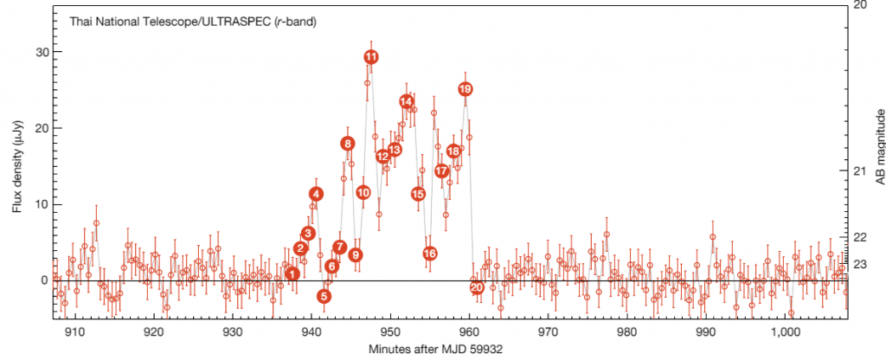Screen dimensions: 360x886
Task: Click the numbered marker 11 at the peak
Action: click(370, 57)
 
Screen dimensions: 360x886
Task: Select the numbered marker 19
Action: click(465, 89)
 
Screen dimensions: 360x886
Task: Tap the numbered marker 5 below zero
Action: click(324, 296)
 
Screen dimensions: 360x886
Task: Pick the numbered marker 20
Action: click(476, 287)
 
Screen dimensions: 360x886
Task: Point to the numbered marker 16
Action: click(430, 254)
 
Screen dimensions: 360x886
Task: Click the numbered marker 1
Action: click(292, 274)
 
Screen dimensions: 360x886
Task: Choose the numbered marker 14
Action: click(407, 101)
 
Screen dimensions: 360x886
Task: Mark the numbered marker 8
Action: click(347, 144)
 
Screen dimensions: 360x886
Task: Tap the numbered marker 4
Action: click(317, 194)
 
